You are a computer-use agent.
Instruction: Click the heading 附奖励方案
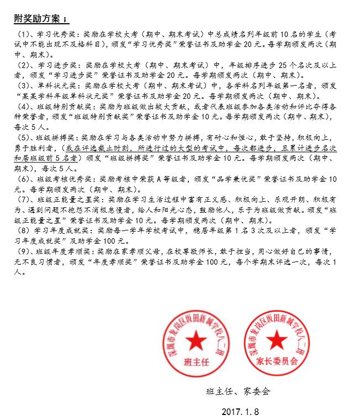(39, 18)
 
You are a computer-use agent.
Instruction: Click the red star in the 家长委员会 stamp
(278, 342)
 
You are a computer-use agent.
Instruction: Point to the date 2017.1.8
(240, 412)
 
